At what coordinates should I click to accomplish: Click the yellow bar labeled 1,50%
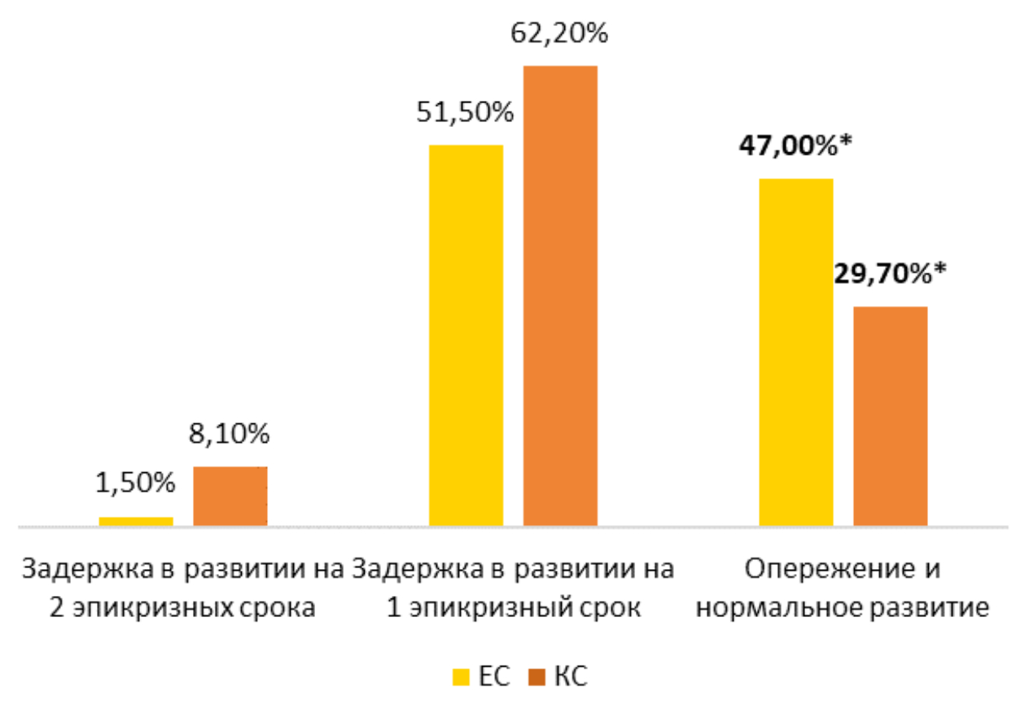(x=136, y=522)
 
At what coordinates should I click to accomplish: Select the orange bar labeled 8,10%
(x=230, y=497)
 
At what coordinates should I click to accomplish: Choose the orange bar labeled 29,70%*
(x=891, y=416)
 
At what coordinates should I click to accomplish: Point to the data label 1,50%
(x=136, y=484)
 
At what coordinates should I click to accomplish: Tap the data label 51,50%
(x=466, y=112)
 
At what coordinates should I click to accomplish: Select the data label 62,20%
(x=560, y=34)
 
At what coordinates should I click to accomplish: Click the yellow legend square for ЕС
(x=461, y=677)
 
